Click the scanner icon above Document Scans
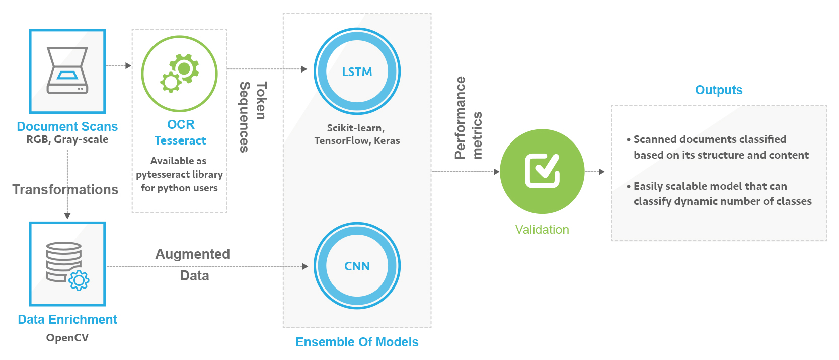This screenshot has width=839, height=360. click(67, 71)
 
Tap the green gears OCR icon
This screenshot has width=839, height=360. click(180, 74)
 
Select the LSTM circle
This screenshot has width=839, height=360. click(357, 71)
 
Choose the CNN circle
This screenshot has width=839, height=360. click(357, 266)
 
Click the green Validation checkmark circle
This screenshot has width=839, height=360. click(542, 171)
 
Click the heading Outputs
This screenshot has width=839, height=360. click(718, 90)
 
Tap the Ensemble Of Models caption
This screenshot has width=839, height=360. click(357, 342)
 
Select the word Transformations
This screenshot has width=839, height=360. click(65, 189)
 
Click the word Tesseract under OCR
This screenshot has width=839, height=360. click(180, 140)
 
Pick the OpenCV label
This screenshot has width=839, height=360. click(67, 337)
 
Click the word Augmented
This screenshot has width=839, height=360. click(192, 254)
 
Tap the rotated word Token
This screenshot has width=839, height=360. click(261, 101)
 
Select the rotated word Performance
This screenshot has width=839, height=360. click(460, 117)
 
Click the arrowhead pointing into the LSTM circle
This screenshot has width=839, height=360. click(304, 69)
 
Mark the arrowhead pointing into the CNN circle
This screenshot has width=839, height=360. click(305, 266)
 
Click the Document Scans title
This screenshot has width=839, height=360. click(67, 126)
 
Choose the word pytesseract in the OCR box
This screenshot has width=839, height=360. click(163, 174)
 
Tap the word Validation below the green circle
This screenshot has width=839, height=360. click(542, 230)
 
